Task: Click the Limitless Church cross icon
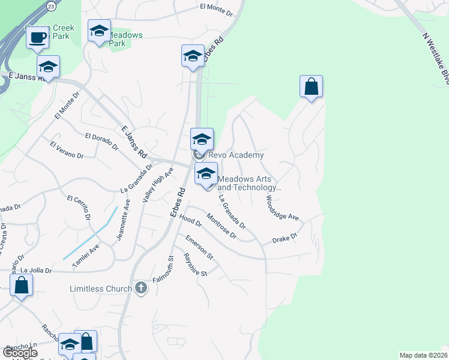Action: [x=141, y=289]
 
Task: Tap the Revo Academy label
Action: [x=236, y=155]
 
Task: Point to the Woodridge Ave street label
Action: [x=282, y=208]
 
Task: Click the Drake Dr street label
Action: [x=285, y=238]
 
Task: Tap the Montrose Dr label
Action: [x=221, y=226]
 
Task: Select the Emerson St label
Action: [x=199, y=247]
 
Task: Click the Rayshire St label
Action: [x=195, y=264]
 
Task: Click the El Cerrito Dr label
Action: [x=82, y=208]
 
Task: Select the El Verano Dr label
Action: [x=67, y=150]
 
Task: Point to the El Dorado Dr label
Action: [x=101, y=140]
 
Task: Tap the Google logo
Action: [x=19, y=353]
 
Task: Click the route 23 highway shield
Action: [x=51, y=6]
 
